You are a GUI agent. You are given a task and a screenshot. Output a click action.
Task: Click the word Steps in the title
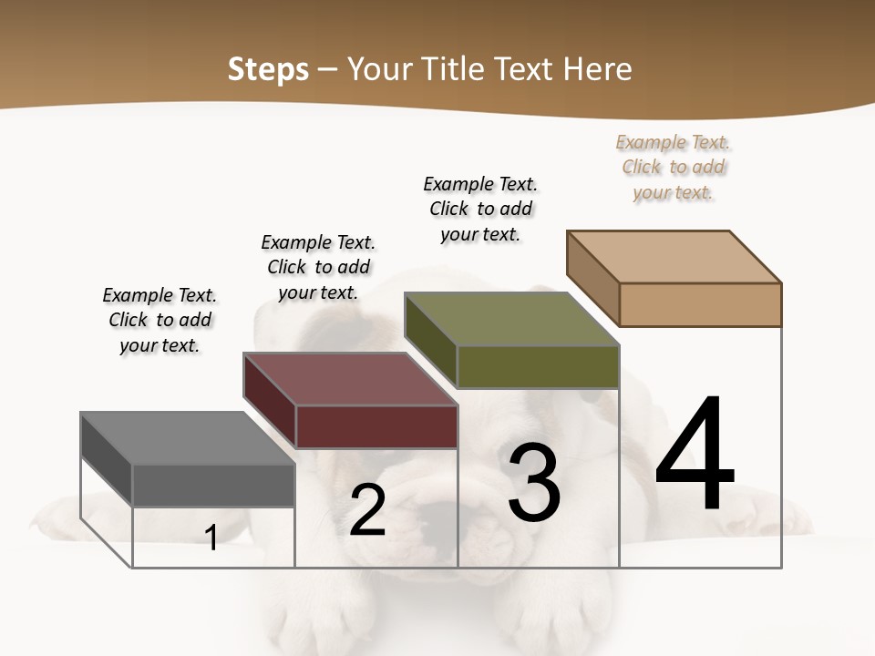click(x=268, y=69)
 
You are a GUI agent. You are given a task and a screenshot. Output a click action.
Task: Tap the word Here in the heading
click(x=598, y=69)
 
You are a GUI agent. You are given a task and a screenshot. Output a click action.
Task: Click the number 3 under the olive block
click(x=534, y=482)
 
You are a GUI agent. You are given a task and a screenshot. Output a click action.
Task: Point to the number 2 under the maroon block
click(x=368, y=510)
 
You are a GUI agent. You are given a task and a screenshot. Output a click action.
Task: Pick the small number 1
click(x=211, y=538)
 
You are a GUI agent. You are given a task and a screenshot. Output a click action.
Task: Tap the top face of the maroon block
click(x=350, y=379)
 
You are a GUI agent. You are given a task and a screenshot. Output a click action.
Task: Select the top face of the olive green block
click(x=511, y=319)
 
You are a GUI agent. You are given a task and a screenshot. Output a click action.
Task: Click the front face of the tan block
click(x=700, y=304)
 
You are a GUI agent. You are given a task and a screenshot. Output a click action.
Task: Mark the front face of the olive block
click(x=538, y=366)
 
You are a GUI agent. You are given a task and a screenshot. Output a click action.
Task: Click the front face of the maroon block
click(x=376, y=426)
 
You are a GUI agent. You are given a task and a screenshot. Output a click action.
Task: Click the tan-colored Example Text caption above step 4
click(x=674, y=167)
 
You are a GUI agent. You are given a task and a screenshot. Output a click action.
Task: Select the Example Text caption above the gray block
click(x=160, y=320)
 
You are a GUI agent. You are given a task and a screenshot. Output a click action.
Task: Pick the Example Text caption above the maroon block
click(x=318, y=267)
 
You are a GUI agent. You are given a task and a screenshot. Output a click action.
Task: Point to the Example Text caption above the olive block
click(x=480, y=209)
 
